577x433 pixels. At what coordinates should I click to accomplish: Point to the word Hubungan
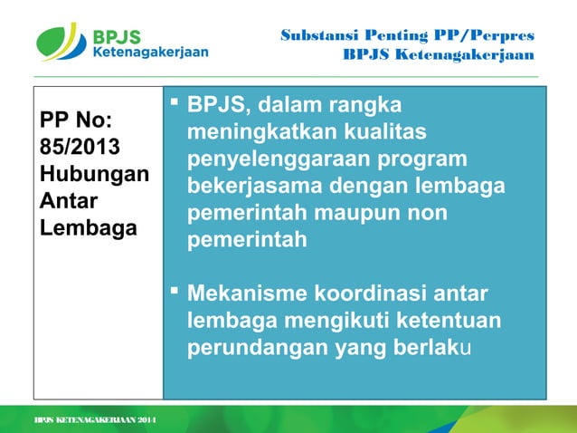tap(93, 172)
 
